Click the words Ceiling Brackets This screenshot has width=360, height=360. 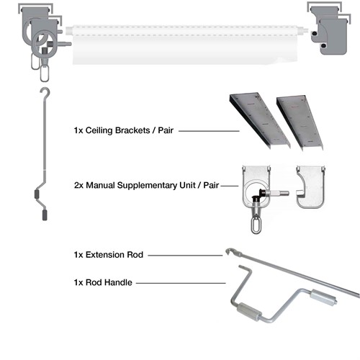point(117,130)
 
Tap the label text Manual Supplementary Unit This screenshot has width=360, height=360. point(140,185)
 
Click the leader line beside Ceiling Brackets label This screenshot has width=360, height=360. point(209,131)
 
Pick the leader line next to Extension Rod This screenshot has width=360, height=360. point(185,256)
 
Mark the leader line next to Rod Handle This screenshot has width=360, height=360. point(181,283)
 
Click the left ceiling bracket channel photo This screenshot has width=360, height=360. point(260,120)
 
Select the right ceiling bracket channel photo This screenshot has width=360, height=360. point(300,123)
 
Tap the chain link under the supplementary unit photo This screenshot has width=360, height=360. point(255,225)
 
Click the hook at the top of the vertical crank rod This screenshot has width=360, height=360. point(45,92)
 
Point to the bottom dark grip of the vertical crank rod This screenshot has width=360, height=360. point(45,215)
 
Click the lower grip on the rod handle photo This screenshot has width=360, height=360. point(248,312)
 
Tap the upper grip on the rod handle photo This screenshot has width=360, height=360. point(323,297)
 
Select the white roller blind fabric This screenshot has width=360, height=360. point(186,45)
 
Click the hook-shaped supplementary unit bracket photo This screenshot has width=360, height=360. point(310,186)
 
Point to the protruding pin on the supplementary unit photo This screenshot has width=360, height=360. point(279,193)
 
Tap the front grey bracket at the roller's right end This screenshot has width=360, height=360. point(333,36)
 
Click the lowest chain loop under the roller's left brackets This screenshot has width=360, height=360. point(45,73)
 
